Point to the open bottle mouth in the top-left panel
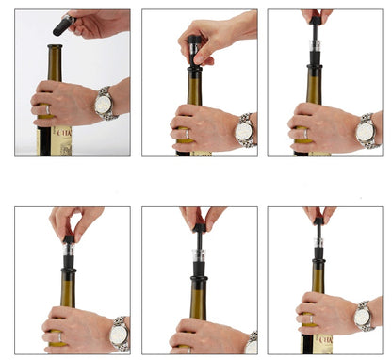(55, 46)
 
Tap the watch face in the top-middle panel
(244, 132)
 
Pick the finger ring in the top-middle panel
(185, 133)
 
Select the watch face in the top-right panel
(366, 132)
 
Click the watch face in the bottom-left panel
(118, 335)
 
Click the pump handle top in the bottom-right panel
(319, 221)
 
